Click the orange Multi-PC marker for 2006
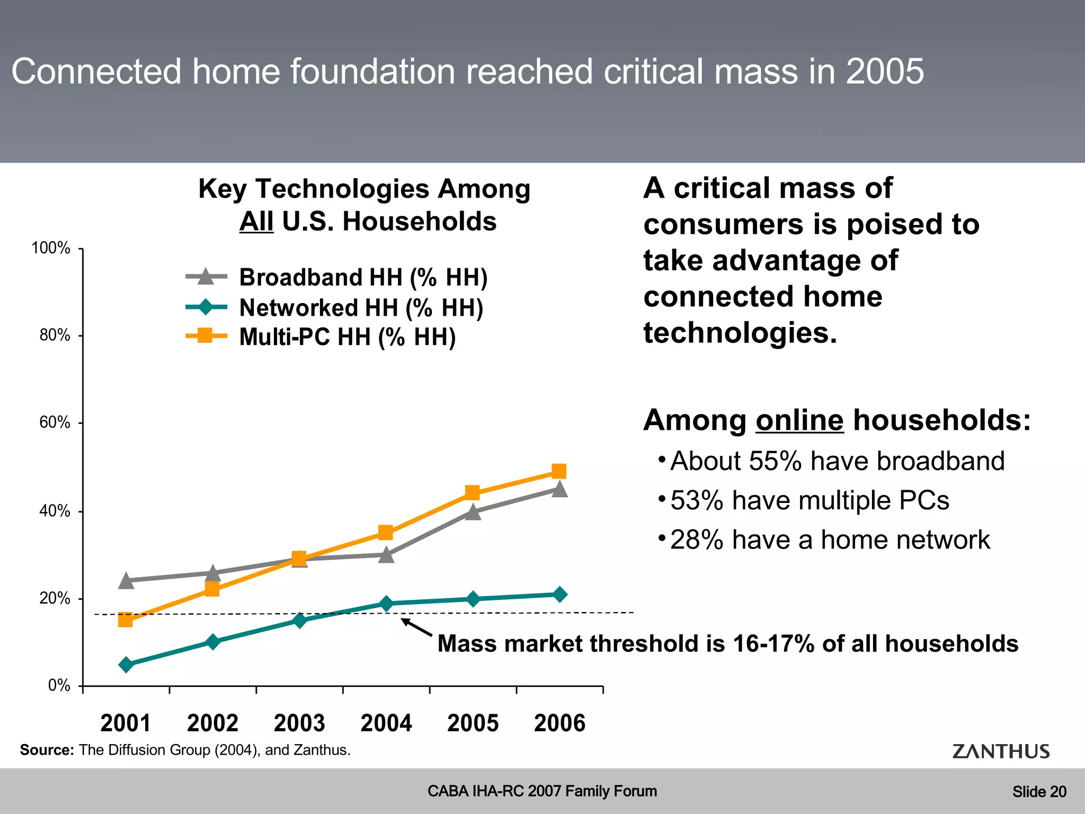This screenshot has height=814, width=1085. click(559, 471)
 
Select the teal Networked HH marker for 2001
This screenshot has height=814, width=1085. click(126, 665)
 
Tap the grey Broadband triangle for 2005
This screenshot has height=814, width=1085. click(473, 512)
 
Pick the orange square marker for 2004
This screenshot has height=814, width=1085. click(386, 533)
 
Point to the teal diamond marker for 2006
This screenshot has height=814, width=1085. click(559, 595)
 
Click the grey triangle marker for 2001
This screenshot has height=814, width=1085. click(126, 581)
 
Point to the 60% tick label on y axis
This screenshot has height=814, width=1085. click(55, 422)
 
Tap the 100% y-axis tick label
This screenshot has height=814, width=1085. click(51, 247)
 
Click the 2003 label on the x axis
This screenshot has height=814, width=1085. click(299, 723)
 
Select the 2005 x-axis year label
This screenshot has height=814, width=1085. click(473, 723)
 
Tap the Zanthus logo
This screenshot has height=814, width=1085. click(1000, 751)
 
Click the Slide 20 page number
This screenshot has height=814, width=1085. click(1039, 792)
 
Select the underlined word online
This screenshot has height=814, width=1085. click(799, 421)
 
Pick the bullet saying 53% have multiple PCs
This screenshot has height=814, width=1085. click(809, 500)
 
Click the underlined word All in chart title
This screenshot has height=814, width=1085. click(256, 222)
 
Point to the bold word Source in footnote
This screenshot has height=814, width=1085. click(47, 750)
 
